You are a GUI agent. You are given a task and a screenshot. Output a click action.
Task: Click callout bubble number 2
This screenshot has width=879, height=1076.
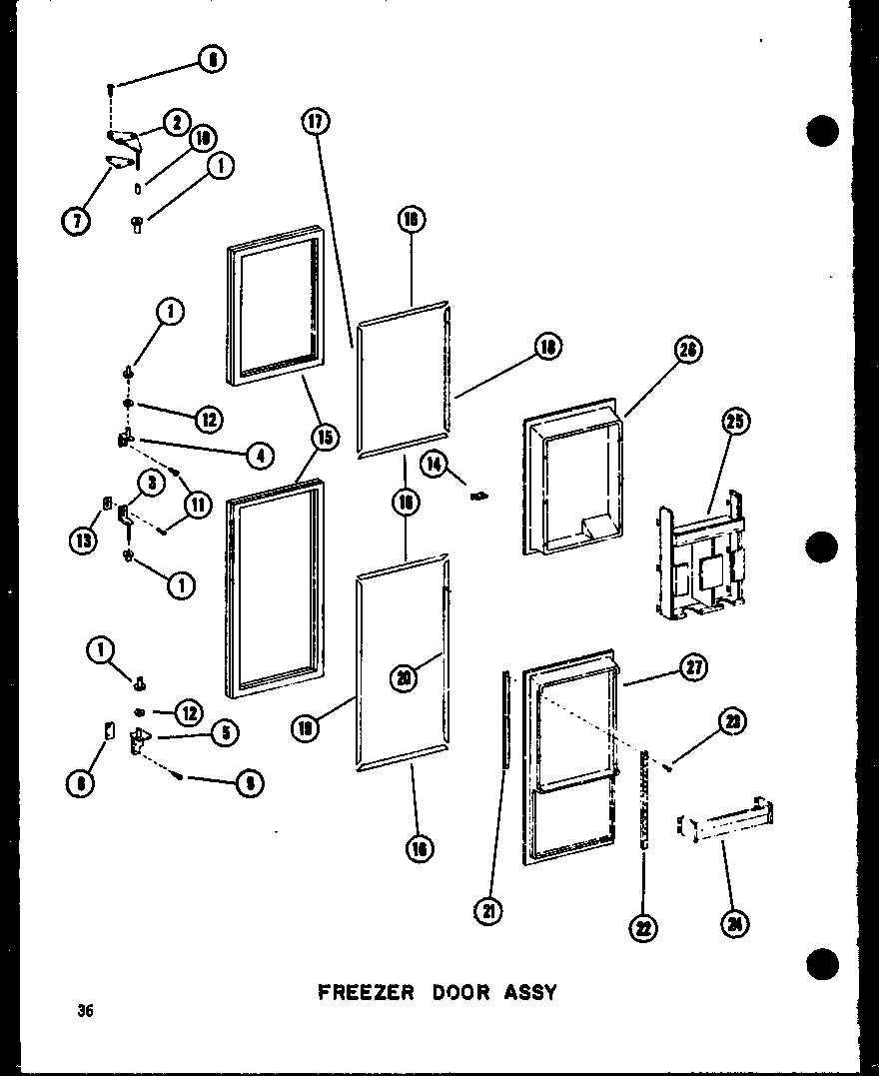[176, 123]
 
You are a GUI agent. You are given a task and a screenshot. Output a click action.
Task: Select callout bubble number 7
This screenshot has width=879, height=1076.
[75, 219]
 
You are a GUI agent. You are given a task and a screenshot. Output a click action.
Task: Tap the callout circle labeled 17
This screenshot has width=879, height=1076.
[315, 123]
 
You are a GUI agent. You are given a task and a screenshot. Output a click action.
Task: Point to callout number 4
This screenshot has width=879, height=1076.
[261, 455]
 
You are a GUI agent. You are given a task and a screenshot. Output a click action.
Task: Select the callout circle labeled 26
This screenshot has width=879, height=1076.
[688, 349]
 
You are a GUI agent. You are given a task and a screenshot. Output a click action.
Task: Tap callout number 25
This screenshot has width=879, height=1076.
[736, 422]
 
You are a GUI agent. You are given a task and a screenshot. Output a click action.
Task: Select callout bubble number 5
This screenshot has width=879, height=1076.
[224, 733]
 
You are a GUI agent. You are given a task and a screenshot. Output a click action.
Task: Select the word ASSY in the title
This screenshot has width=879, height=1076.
[528, 993]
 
